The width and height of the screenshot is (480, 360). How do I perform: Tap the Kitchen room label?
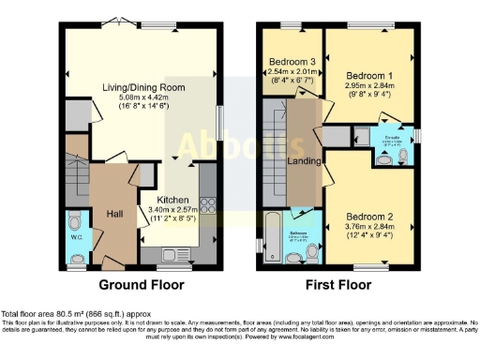pos(172,200)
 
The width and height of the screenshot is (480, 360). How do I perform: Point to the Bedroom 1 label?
pos(368,73)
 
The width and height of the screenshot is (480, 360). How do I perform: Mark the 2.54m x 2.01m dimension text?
pos(290,71)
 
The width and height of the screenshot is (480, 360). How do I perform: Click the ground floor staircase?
pos(78,179)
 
